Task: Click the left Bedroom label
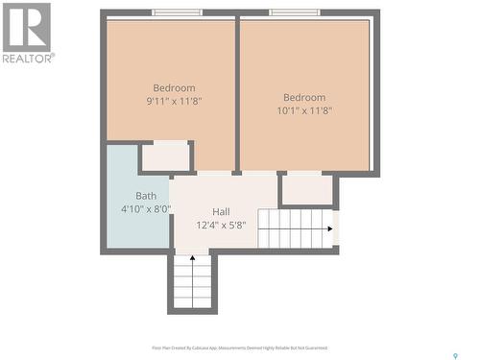(174, 87)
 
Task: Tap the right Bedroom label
(303, 97)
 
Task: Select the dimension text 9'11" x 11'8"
(174, 101)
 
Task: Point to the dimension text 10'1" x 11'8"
(303, 110)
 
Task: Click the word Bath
(145, 196)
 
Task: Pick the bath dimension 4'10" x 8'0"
(145, 208)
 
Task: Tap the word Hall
(221, 212)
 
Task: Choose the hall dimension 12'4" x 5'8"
(221, 226)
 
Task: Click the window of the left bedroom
(178, 12)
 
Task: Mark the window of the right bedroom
(294, 12)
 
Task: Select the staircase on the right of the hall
(298, 228)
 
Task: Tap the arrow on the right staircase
(333, 228)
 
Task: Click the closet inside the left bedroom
(166, 156)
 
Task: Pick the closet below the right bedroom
(306, 189)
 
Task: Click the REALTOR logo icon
(26, 26)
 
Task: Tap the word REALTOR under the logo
(28, 58)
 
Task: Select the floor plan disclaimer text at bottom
(239, 348)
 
